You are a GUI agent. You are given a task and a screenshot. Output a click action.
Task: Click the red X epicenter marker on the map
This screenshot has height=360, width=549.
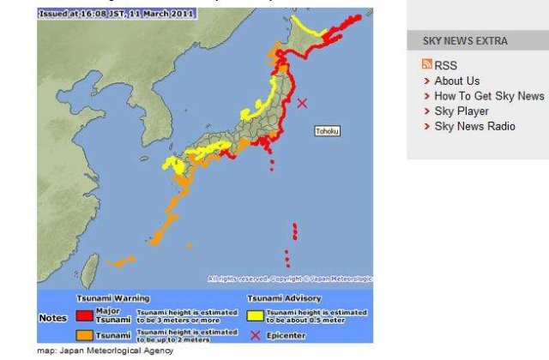[x=302, y=103]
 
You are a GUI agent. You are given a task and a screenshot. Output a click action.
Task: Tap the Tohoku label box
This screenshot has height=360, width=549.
[x=327, y=131]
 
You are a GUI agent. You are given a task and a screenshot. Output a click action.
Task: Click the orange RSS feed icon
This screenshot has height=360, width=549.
[x=427, y=65]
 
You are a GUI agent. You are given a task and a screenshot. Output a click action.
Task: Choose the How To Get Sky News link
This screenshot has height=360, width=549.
[x=489, y=96]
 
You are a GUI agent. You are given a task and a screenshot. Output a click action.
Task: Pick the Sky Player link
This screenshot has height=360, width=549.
[x=461, y=111]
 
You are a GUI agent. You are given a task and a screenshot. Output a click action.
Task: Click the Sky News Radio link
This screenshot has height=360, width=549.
[x=474, y=127]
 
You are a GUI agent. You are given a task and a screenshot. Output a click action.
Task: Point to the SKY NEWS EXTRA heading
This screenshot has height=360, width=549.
[x=465, y=41]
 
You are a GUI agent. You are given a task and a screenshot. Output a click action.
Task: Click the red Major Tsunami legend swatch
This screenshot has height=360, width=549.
[x=83, y=313]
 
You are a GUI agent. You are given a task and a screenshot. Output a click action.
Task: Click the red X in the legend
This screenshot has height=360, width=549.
[x=255, y=334]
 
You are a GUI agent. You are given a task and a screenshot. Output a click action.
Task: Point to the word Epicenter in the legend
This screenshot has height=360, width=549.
[x=287, y=334]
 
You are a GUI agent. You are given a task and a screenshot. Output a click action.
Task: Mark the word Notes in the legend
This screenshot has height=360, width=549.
[x=54, y=318]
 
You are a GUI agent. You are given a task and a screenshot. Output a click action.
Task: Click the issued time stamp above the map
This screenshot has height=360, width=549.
[x=117, y=14]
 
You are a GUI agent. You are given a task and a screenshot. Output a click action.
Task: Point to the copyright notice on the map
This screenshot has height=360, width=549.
[x=290, y=279]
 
